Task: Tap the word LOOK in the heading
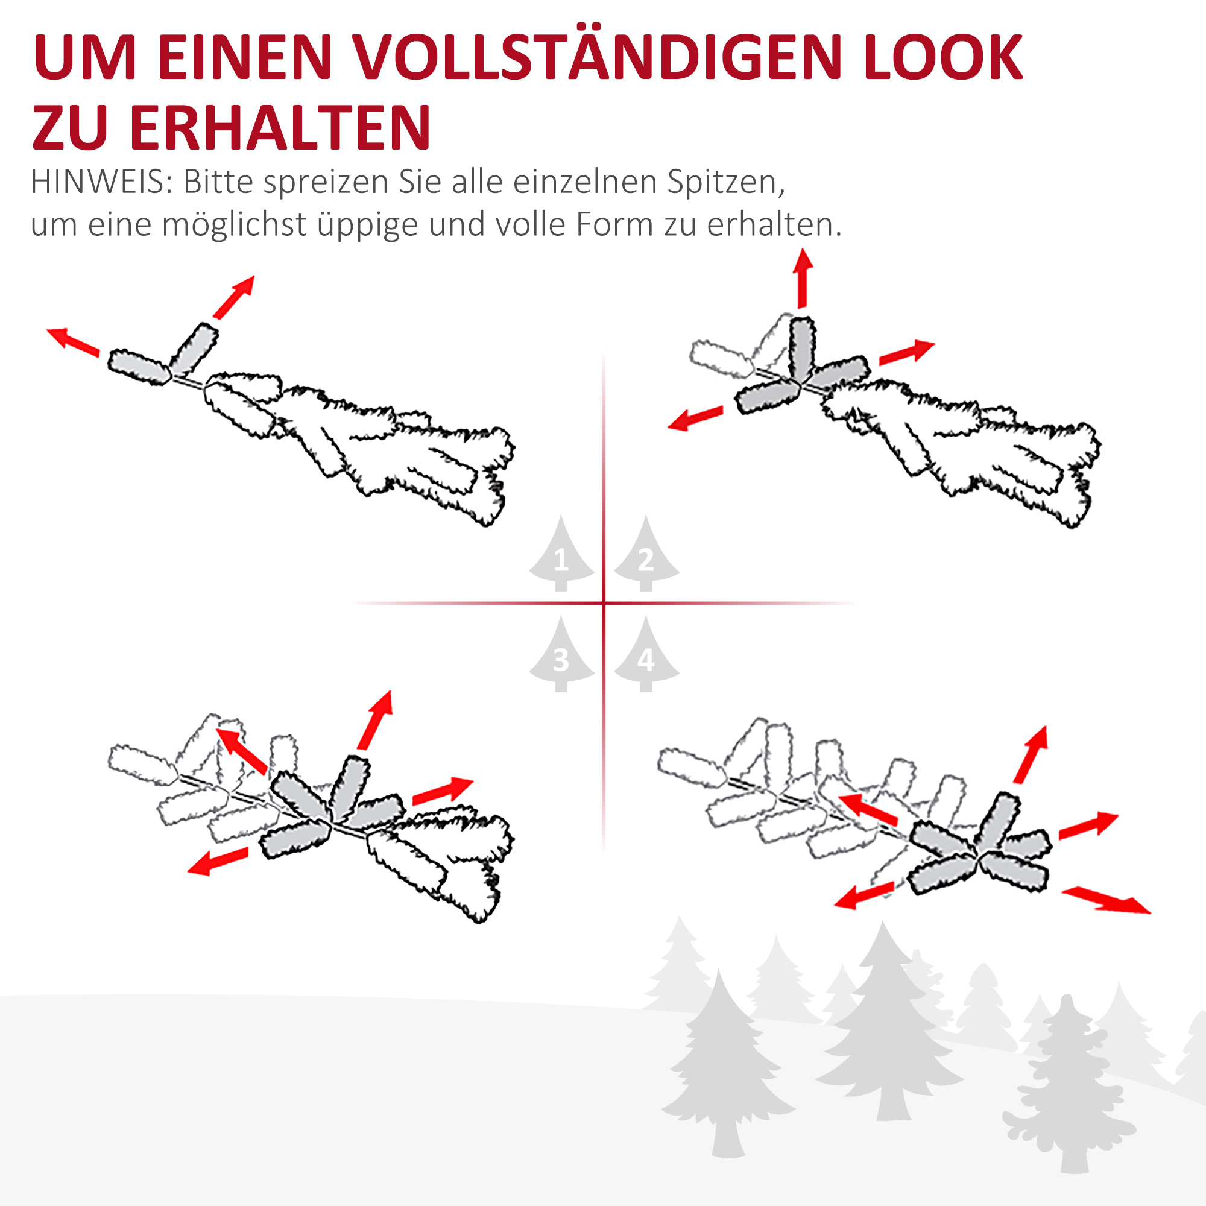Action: pos(943,57)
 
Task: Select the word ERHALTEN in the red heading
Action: pos(280,127)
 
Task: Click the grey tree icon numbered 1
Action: pos(561,555)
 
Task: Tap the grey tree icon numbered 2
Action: pos(646,555)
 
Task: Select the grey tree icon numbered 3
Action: pos(561,656)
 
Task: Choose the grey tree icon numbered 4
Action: pos(646,656)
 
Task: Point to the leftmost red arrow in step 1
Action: pos(73,342)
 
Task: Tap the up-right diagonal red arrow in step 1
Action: pos(234,297)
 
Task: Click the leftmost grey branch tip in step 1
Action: pos(139,368)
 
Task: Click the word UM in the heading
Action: pos(85,57)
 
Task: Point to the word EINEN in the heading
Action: pos(244,57)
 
